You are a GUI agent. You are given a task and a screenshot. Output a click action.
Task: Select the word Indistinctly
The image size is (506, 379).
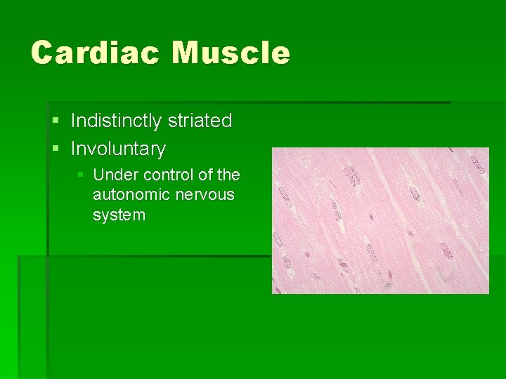coord(117,121)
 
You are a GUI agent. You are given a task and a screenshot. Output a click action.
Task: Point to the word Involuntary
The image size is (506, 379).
coord(118,149)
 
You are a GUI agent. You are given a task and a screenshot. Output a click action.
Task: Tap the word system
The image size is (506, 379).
coord(119,215)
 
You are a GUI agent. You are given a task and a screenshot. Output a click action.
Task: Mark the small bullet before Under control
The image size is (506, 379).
coord(80,175)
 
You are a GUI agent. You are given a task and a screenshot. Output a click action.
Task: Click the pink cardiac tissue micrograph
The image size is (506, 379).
coord(380,220)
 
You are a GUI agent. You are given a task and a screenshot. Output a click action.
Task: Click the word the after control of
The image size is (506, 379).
coord(228,175)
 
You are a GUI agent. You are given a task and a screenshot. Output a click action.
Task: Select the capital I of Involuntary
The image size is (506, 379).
coord(73,149)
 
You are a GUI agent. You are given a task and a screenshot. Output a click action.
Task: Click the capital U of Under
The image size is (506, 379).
coord(98,175)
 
